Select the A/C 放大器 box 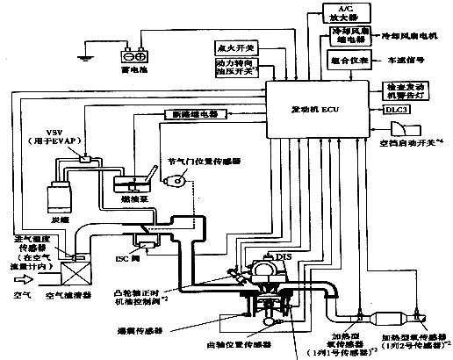point(342,13)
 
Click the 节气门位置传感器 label point(207,162)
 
